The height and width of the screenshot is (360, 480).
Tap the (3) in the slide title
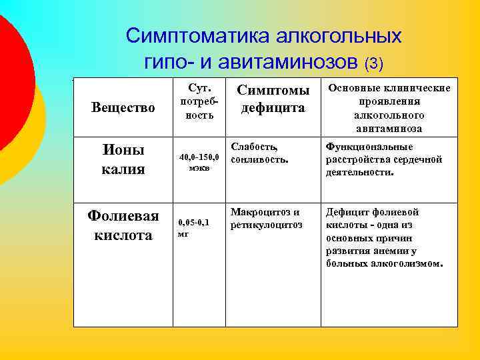coord(373,63)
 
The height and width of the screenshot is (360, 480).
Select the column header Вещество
coord(123,107)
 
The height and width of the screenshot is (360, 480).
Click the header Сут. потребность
coord(197,101)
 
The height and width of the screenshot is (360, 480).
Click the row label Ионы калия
coord(123,159)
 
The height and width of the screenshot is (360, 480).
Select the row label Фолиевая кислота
coord(123,225)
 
